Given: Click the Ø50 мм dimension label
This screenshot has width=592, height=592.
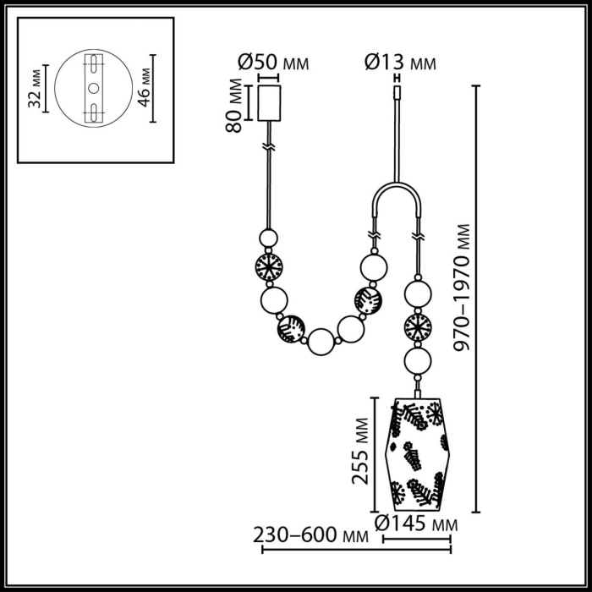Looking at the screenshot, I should (272, 63).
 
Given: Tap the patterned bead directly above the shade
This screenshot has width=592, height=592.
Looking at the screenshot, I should (416, 326).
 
